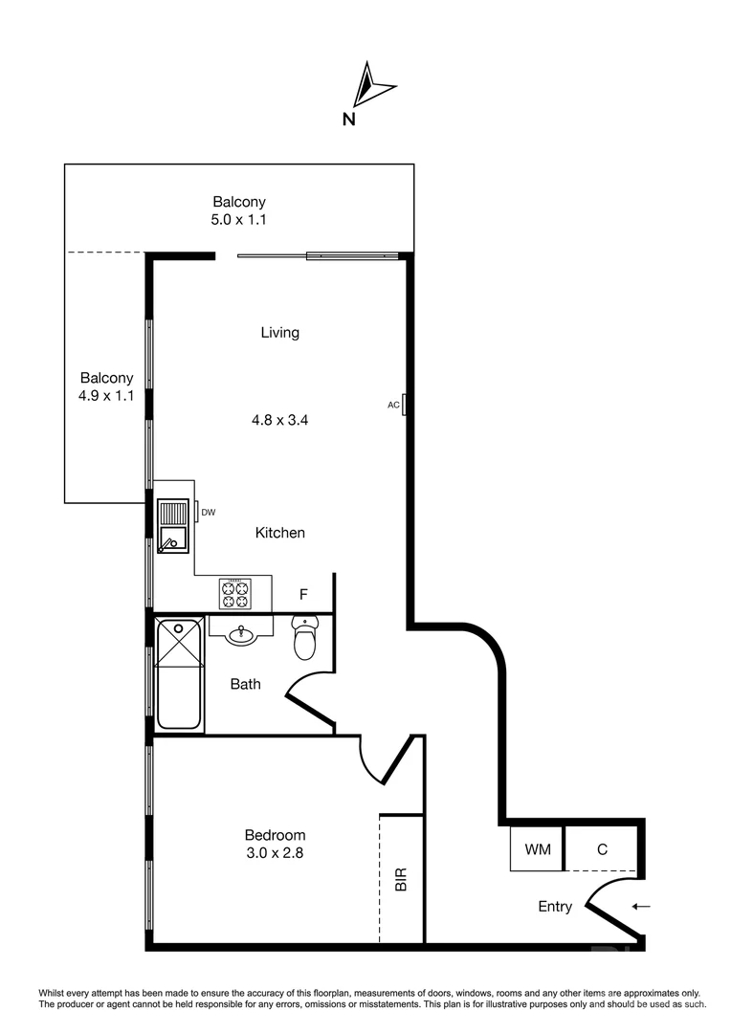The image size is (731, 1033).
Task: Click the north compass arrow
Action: point(370,85)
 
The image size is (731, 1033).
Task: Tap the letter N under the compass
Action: point(349,120)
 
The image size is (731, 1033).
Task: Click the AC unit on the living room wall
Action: point(406,405)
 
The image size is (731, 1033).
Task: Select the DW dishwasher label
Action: point(209,513)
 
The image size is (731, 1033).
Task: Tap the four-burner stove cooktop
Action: point(235,594)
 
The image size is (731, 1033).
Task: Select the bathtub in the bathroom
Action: point(180,673)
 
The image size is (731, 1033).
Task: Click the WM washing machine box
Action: point(537,849)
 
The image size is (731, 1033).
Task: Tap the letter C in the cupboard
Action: point(602,849)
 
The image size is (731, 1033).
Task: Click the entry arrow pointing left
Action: point(641,907)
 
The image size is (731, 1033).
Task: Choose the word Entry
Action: point(555,907)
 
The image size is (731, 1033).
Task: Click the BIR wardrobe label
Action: point(401,879)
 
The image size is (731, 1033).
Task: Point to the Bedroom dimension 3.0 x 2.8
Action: point(275,852)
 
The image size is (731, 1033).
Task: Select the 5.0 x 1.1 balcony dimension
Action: point(238,219)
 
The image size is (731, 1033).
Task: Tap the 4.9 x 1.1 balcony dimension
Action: point(106,395)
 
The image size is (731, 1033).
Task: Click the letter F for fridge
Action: point(303,595)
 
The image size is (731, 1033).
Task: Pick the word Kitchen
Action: point(279,533)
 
